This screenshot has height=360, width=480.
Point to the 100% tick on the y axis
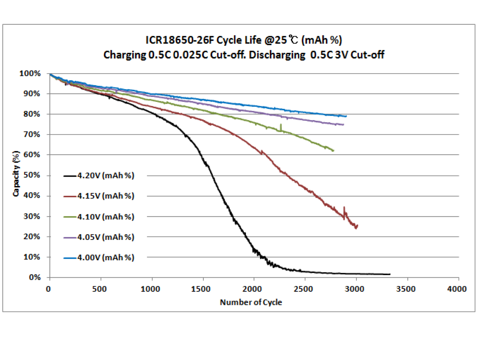coord(30,73)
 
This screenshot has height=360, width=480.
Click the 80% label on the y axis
coord(32,114)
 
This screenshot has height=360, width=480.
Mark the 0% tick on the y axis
coord(35,277)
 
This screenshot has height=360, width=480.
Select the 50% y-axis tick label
coord(32,175)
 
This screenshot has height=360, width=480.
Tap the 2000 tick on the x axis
coord(252,289)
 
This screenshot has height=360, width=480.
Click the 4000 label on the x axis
coord(457,289)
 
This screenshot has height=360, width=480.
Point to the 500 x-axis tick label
coord(99,289)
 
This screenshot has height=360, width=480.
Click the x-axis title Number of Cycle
coord(251,302)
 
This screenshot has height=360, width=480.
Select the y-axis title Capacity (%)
coord(16,174)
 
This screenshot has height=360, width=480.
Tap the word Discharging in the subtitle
coord(277,55)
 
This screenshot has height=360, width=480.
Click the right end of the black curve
coord(390,274)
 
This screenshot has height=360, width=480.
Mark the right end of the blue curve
coord(346,116)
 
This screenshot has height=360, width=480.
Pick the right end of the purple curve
coord(343,125)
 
